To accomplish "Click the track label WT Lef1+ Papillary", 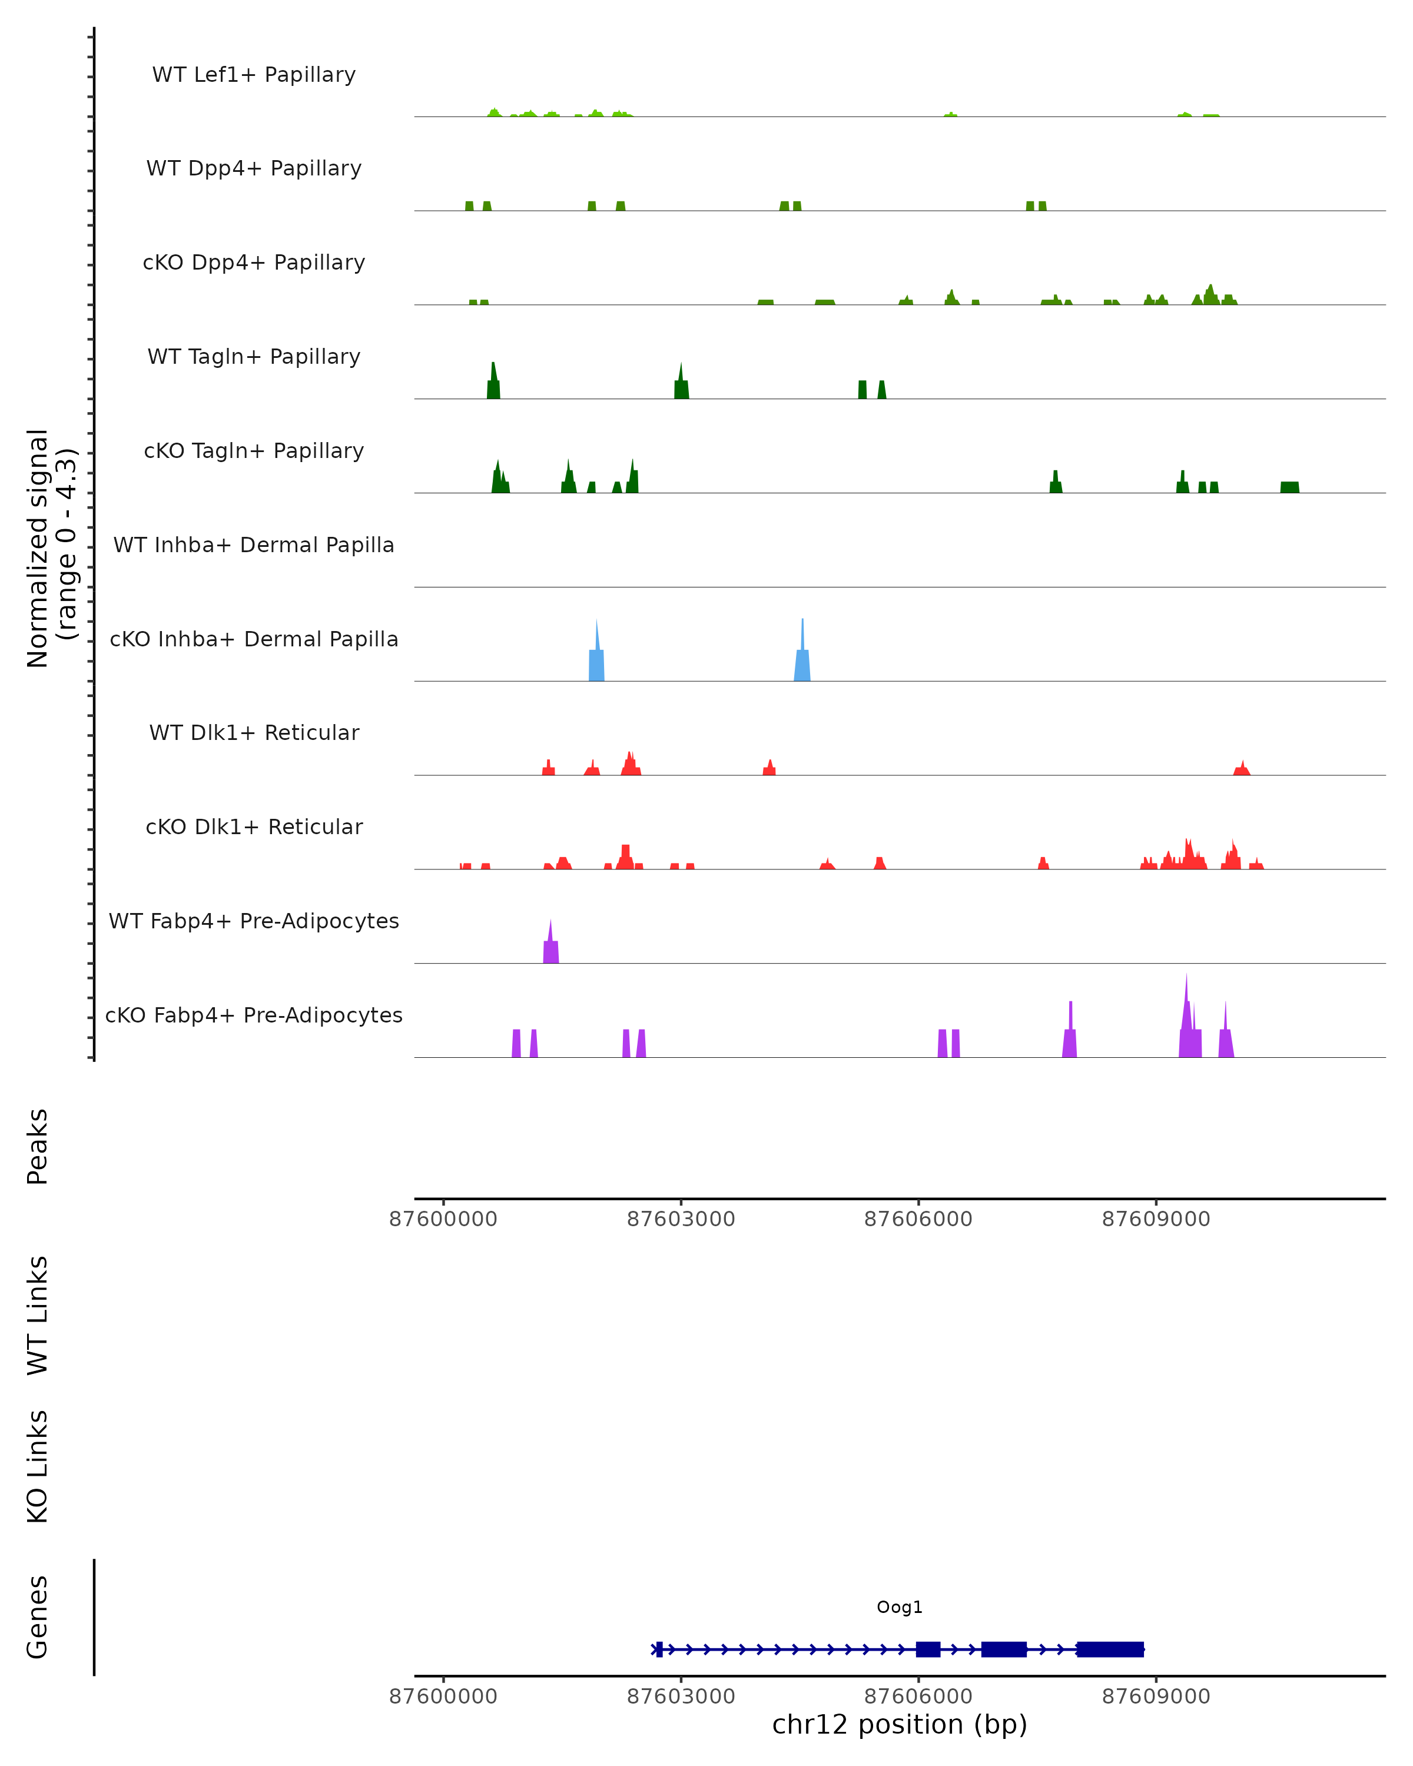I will [254, 75].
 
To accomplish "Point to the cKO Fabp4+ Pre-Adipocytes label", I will [254, 1015].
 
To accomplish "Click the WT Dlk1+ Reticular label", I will [254, 733].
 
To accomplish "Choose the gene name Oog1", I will [900, 1607].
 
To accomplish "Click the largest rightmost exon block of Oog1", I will [1110, 1649].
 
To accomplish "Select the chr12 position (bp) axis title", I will [900, 1725].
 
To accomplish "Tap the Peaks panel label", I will [38, 1146].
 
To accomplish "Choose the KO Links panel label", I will [38, 1466].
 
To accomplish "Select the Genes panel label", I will [38, 1617].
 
